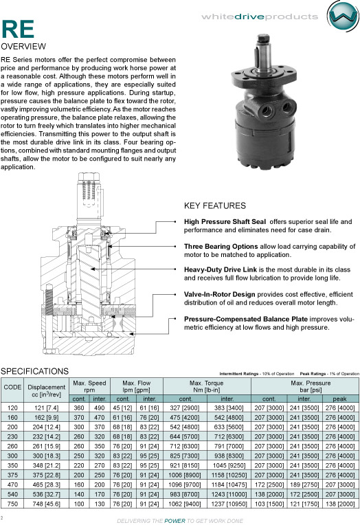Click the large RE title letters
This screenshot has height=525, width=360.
coord(18,30)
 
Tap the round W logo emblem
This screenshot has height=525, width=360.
coord(343,16)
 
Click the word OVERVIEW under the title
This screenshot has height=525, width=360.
coord(23,47)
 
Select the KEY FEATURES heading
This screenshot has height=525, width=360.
coord(214,205)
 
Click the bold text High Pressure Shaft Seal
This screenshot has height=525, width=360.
coord(225,222)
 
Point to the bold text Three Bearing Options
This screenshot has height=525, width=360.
coord(221,247)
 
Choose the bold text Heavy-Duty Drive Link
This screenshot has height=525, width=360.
coord(221,269)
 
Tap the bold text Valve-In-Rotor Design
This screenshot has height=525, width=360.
coord(219,294)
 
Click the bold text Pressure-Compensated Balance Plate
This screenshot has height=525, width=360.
coord(245,319)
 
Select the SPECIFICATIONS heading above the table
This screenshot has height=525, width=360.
coord(34,371)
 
